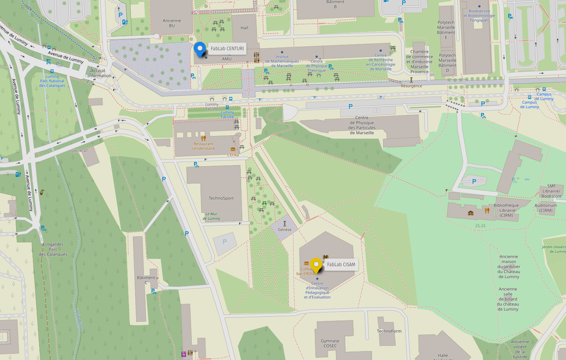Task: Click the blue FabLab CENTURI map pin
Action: [x=200, y=49]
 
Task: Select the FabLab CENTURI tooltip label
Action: [x=227, y=49]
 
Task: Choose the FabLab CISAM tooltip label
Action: [x=341, y=265]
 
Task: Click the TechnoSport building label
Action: [x=221, y=198]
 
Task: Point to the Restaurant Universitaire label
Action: [x=204, y=146]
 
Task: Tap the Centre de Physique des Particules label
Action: [x=362, y=125]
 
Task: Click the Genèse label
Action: [x=285, y=230]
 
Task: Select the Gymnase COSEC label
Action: [x=330, y=343]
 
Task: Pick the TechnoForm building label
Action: [x=389, y=331]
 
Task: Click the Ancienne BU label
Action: [x=172, y=23]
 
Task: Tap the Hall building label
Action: [x=245, y=28]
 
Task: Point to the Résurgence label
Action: [x=411, y=86]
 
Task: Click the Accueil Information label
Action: [x=99, y=73]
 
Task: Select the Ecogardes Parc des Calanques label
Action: [x=53, y=249]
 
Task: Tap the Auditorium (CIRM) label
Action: [x=546, y=208]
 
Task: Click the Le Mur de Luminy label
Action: [x=211, y=216]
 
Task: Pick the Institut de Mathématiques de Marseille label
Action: [x=282, y=61]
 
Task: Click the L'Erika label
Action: [x=233, y=155]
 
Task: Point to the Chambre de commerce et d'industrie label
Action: [x=419, y=62]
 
